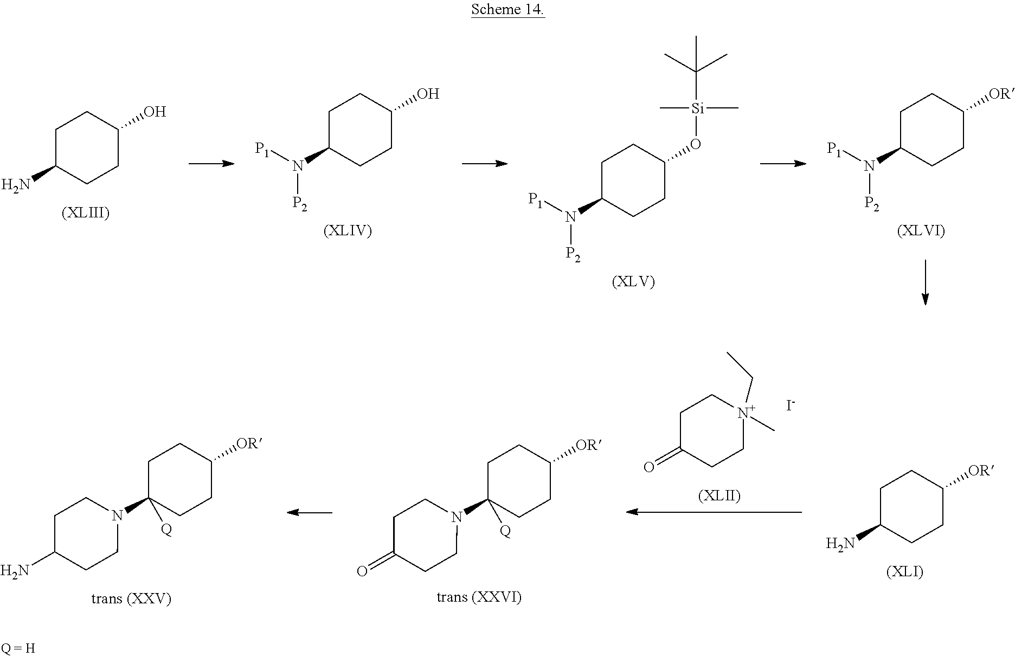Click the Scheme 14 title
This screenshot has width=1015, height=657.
[x=507, y=10]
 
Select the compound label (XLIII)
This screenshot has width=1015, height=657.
[x=85, y=213]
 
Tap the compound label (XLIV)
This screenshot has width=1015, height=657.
[x=348, y=231]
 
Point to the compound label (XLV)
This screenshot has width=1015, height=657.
[x=633, y=282]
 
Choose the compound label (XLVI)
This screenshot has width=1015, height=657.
[x=921, y=231]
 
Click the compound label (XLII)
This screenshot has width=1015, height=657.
[x=719, y=495]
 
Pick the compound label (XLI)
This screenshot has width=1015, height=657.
[x=905, y=571]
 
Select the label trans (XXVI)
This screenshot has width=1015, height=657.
[x=479, y=597]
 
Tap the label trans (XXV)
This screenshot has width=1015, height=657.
[x=131, y=598]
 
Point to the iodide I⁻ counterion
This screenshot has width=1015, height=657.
[x=791, y=405]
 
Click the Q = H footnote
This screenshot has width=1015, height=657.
[x=18, y=648]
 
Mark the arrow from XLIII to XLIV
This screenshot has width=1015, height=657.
[x=211, y=163]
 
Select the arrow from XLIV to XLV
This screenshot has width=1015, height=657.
[x=485, y=163]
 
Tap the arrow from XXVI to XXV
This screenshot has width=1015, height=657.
[x=309, y=512]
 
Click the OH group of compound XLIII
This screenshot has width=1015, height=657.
[x=155, y=112]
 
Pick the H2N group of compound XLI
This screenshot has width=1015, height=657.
[x=840, y=543]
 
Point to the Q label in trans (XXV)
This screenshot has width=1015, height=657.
[x=166, y=530]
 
